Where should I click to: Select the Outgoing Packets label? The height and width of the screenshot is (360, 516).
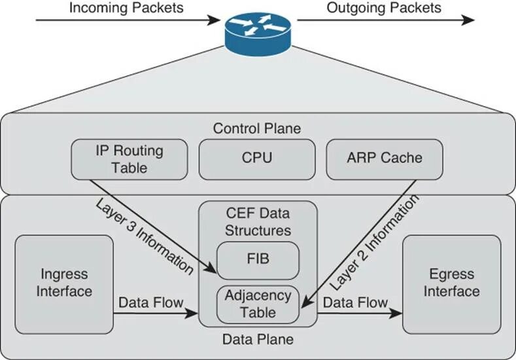(385, 8)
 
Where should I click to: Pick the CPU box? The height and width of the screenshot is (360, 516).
(257, 158)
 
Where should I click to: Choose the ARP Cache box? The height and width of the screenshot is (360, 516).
(384, 158)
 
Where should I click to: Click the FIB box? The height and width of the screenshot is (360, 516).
(258, 260)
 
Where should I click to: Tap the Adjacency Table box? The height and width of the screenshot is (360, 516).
(258, 304)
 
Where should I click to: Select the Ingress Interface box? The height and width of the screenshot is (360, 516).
(63, 282)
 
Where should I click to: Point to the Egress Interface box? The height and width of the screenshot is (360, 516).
(451, 282)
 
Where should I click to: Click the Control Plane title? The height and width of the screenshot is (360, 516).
(257, 128)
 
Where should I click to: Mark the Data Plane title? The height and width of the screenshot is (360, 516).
(258, 340)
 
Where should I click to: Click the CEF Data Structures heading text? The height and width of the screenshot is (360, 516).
(258, 222)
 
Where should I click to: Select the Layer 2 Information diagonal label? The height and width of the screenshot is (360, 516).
(373, 242)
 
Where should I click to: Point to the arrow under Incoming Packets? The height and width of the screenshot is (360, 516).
(128, 20)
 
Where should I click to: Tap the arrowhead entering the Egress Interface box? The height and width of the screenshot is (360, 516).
(397, 314)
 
